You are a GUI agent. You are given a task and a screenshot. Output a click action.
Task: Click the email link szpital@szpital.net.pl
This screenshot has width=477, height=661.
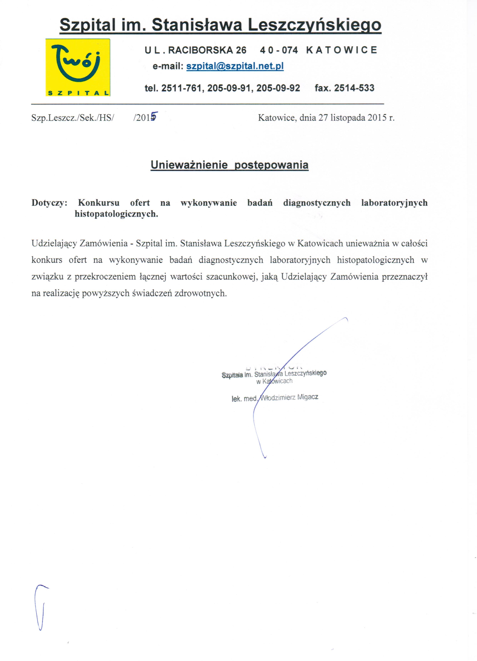pos(235,67)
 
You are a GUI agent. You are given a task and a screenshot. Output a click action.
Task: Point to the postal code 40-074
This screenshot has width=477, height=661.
pos(279,50)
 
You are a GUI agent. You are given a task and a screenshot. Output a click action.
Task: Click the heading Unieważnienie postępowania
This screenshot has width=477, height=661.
pos(229,165)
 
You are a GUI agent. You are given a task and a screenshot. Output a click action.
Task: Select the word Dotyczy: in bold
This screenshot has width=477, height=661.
pos(49,203)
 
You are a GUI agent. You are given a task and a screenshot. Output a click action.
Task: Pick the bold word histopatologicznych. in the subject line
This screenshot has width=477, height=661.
pos(116,214)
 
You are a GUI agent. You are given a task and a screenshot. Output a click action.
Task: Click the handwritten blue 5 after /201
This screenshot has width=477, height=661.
pos(154,116)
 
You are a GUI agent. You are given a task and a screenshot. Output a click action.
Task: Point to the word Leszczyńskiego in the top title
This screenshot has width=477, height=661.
pos(314,25)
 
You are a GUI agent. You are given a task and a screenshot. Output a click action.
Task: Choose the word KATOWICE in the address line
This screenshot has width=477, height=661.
pos(342,50)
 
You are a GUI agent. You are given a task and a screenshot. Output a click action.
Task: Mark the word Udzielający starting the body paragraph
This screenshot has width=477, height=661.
pos(54,243)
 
